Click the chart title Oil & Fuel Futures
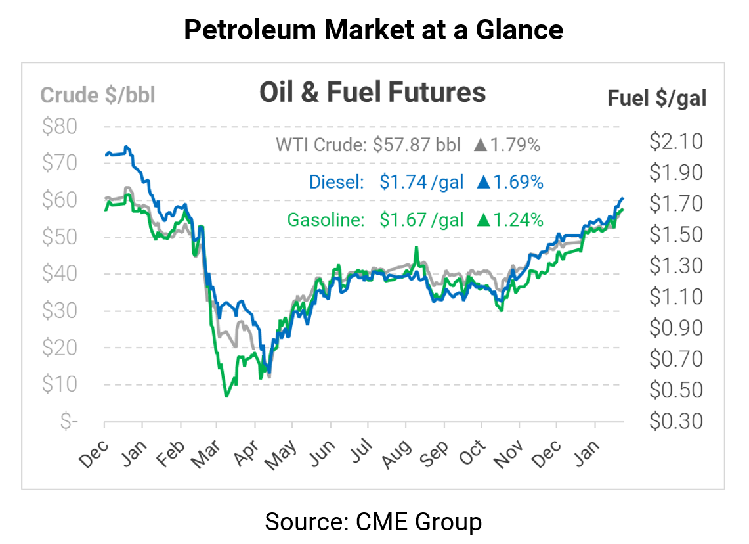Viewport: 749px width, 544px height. coord(372,93)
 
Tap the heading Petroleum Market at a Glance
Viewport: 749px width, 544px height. coord(374,30)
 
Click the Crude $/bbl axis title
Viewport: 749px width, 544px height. coord(98,95)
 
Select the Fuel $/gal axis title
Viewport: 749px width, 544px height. coord(656,99)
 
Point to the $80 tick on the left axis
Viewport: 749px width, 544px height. coord(59,126)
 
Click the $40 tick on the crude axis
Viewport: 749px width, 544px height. coord(59,274)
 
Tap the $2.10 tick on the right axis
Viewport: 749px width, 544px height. coord(675,141)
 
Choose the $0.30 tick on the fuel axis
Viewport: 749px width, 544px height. coord(675,420)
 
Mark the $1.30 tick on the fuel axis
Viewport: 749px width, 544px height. coord(675,265)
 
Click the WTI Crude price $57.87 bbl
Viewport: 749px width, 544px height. coord(416,145)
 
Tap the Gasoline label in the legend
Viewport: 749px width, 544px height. coord(326,219)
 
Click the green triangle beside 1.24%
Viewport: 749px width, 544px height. coord(484,219)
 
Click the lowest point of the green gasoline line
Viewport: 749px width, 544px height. coord(226,396)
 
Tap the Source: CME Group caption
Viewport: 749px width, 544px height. coord(374,522)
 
